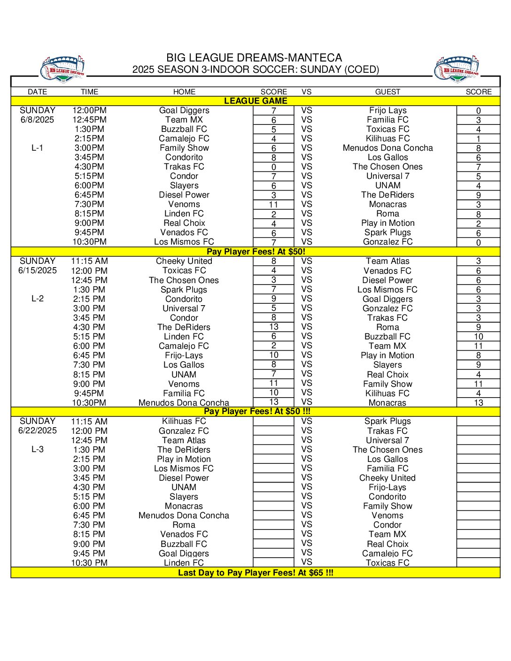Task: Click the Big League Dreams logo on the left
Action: point(63,69)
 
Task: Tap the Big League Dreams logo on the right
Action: point(457,69)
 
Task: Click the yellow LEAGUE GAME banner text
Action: point(255,101)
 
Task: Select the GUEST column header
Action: point(387,92)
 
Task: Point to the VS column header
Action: point(307,92)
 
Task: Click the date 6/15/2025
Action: point(38,270)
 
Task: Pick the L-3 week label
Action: point(38,449)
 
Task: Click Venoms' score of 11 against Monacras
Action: point(273,205)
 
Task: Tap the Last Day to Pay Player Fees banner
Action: point(255,573)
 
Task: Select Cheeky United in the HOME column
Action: point(184,261)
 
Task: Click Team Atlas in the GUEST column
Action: point(387,261)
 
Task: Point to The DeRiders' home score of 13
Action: point(273,327)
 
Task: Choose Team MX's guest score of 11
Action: point(478,346)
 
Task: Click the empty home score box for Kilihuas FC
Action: point(273,421)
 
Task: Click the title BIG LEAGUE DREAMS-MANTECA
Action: point(254,58)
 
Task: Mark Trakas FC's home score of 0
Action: point(273,167)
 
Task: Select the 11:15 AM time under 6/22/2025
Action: point(89,421)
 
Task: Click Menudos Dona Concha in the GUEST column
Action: point(387,148)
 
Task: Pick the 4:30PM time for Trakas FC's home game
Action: point(89,167)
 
